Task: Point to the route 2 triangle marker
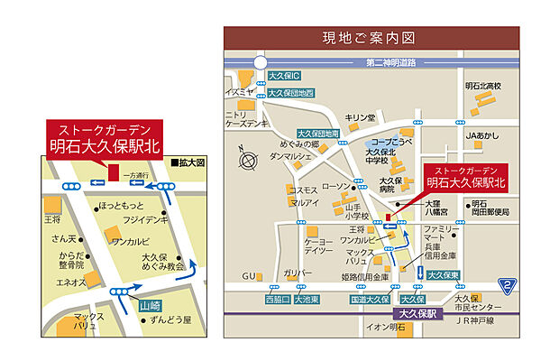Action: click(x=509, y=285)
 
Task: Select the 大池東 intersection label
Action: click(x=307, y=299)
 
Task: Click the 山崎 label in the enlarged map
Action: click(x=150, y=306)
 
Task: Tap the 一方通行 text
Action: click(x=138, y=174)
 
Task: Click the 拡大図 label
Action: click(x=192, y=162)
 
